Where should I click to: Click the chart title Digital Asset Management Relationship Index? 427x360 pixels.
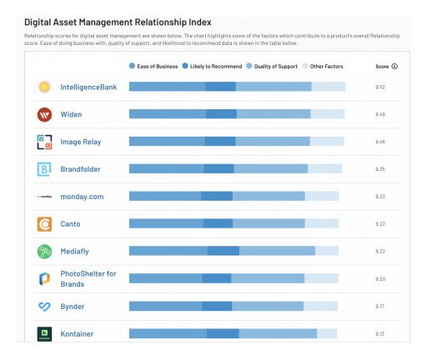point(118,21)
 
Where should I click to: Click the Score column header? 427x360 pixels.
point(384,66)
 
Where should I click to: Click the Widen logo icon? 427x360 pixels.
point(45,114)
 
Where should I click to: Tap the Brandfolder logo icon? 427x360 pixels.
point(45,169)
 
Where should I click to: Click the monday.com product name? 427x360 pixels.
point(82,197)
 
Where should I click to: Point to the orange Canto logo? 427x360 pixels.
point(45,224)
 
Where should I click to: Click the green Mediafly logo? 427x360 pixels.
point(45,251)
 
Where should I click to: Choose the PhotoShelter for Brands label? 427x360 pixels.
point(88,279)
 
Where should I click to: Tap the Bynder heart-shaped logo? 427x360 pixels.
point(45,307)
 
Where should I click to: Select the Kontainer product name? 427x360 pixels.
point(77,334)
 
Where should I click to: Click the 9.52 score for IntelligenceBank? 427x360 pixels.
point(380,87)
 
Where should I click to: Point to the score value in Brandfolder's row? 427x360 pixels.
point(380,169)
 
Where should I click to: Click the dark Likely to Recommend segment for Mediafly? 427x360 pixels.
point(224,251)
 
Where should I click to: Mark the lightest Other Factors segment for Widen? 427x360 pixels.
point(328,114)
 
